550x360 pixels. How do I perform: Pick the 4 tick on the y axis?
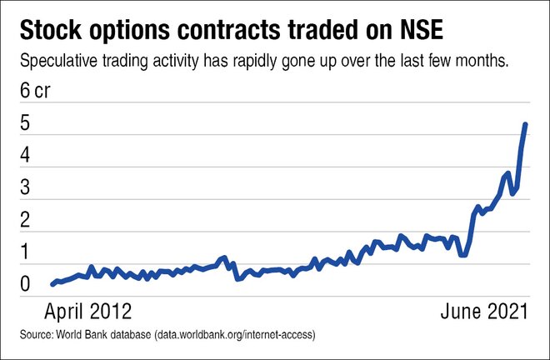tap(25, 156)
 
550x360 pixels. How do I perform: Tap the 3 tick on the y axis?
tap(25, 188)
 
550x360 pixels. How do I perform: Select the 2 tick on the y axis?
tap(25, 221)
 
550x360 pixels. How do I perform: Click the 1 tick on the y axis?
tap(25, 252)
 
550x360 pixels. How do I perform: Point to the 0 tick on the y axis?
tap(25, 285)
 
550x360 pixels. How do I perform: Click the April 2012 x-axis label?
tap(87, 312)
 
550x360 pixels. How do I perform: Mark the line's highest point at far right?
tap(526, 124)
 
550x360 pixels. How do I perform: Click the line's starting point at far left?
tap(52, 284)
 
